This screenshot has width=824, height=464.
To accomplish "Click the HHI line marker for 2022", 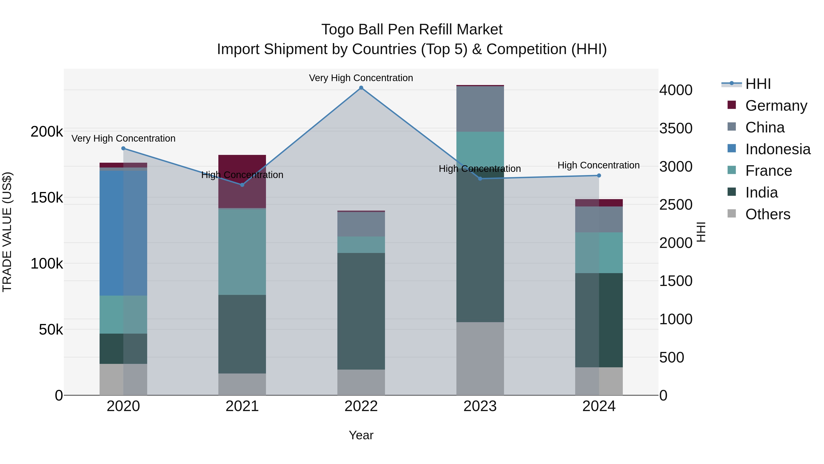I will click(x=361, y=88).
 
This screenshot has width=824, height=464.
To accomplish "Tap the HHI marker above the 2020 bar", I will click(x=123, y=148).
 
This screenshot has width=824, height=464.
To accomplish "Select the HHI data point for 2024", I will click(x=599, y=176).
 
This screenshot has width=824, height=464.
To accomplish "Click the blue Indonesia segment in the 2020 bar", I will click(x=123, y=233).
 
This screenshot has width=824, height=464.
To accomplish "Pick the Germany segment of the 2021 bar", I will click(x=242, y=181).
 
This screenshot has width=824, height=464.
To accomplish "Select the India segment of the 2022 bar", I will click(x=361, y=311).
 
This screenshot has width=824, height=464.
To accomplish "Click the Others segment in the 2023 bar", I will click(x=480, y=358).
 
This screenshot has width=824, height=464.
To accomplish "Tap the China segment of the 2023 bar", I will click(x=480, y=109).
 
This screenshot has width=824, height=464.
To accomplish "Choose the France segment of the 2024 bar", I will click(x=599, y=253).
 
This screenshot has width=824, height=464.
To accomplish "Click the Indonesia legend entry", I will click(x=777, y=149).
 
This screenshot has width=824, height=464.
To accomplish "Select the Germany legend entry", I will click(x=776, y=106).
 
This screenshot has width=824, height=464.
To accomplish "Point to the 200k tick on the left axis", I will click(x=47, y=132).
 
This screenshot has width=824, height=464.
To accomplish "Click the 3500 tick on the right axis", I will click(x=676, y=128).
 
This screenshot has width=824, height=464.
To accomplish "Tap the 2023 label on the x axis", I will click(x=480, y=406).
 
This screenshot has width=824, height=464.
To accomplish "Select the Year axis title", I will click(x=361, y=435).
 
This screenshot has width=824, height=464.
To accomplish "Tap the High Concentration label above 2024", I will click(x=599, y=165).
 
